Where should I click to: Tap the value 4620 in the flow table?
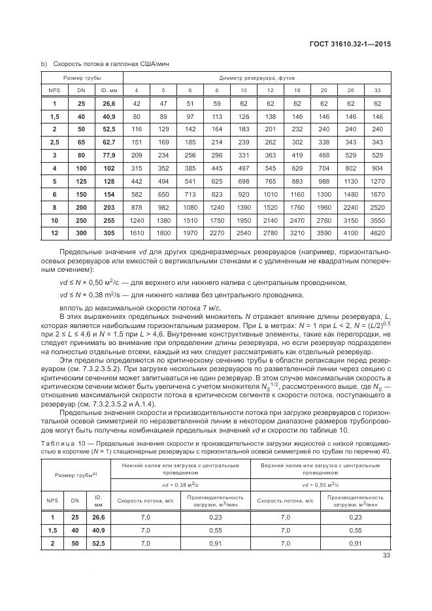(x=377, y=231)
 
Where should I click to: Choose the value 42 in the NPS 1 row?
(x=137, y=103)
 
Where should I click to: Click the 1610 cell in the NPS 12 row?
(x=137, y=231)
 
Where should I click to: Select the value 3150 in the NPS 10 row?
(x=351, y=219)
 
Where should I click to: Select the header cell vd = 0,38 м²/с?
(x=181, y=484)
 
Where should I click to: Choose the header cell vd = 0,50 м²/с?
(x=321, y=484)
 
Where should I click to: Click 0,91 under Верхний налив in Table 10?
(x=356, y=543)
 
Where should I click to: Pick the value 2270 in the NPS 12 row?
(x=216, y=231)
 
